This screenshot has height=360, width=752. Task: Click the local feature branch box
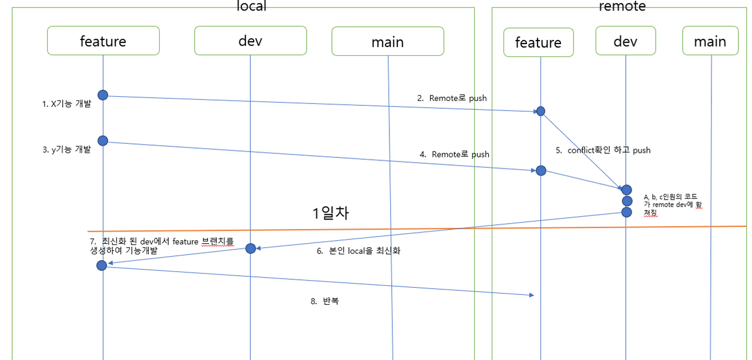[103, 41]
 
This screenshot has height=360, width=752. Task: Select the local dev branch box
[250, 41]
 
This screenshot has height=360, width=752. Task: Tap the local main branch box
[387, 42]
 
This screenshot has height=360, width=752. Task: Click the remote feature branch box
[538, 42]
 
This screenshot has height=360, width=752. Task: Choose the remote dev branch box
[625, 41]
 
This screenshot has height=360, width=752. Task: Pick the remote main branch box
[710, 41]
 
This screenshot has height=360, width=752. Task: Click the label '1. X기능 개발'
[66, 103]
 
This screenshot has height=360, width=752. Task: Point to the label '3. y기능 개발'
[66, 149]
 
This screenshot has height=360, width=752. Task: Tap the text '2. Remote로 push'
[452, 98]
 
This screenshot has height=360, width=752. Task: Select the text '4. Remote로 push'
[454, 154]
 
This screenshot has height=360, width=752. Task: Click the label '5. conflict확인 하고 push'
[603, 150]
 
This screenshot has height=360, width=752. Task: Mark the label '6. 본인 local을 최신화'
[358, 251]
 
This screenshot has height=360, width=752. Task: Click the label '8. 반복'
[324, 301]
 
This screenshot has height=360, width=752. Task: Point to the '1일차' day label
[331, 213]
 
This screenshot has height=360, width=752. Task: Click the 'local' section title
[251, 6]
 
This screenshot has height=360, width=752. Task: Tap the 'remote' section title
[622, 6]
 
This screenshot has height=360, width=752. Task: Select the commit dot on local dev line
[250, 248]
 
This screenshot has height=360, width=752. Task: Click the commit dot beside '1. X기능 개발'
[103, 95]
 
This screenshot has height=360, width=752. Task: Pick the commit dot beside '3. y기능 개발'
[103, 140]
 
